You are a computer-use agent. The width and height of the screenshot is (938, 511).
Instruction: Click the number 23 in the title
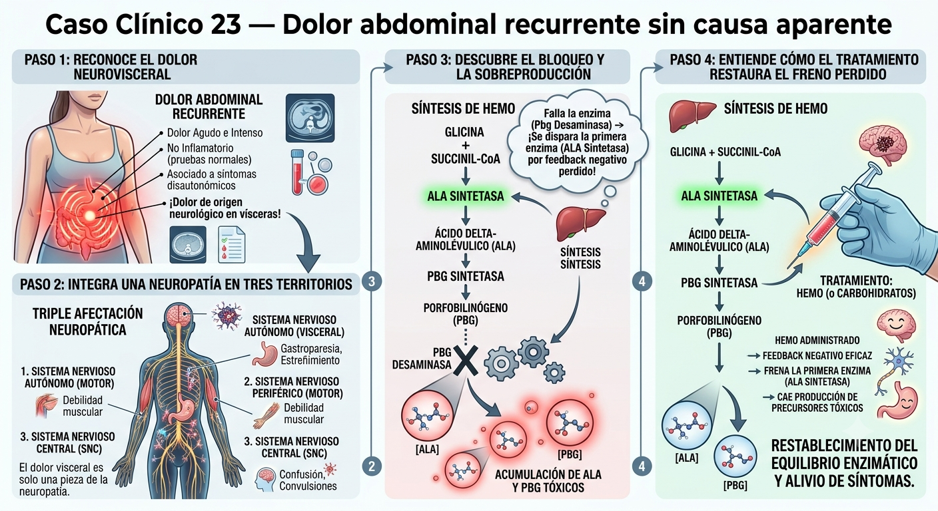coord(226,24)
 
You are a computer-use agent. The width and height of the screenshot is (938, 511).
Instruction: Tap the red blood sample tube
coord(297,173)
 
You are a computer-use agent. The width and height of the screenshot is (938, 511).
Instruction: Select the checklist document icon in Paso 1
coord(232,245)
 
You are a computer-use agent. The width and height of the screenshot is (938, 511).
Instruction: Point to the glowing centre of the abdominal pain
coord(89,216)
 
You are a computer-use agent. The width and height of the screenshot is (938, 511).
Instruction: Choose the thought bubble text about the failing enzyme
coord(577,142)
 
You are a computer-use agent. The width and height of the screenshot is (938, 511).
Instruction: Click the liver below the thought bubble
coord(580,224)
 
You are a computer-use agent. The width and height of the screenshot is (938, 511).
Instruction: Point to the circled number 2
coord(372,466)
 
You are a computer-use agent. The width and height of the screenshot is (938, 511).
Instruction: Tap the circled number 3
coord(372,281)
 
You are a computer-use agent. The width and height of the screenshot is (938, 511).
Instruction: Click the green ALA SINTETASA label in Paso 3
coord(465,196)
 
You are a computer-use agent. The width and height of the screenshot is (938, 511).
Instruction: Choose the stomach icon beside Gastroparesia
coord(264,354)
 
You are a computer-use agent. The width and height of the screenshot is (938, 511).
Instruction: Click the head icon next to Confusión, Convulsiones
coord(265,479)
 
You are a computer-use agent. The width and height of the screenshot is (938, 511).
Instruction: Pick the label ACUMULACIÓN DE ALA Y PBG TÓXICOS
coord(548,481)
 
